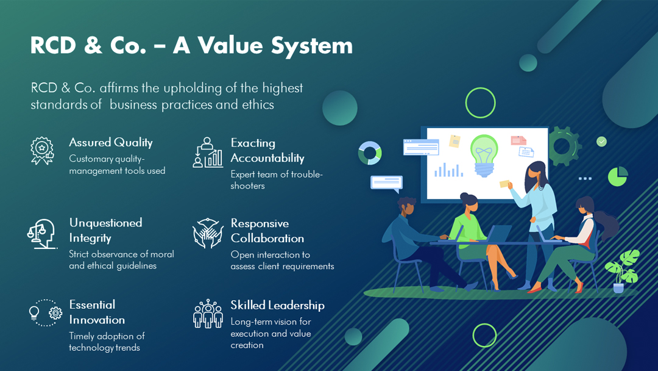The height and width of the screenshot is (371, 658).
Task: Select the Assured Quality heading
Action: coord(111,143)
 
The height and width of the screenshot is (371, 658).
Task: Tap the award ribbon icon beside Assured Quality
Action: coord(42,151)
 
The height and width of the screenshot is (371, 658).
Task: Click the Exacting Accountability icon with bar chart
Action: coord(208,153)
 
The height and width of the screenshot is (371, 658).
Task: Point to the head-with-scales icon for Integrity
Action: coord(42,234)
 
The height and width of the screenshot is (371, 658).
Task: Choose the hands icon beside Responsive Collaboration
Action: coord(208,233)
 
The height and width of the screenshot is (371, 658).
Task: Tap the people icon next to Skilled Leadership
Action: coord(208,314)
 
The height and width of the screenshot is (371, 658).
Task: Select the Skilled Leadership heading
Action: coord(277,306)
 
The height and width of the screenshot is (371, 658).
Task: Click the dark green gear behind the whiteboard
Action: coord(564,146)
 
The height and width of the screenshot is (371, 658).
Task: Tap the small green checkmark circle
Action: coord(602,142)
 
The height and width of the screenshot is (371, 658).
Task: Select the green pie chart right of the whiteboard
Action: coord(618,176)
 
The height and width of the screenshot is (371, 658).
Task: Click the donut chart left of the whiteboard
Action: coord(370,153)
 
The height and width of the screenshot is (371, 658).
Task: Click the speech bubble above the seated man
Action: coord(386,184)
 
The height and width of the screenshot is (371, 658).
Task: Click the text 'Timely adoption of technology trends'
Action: coord(107,342)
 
